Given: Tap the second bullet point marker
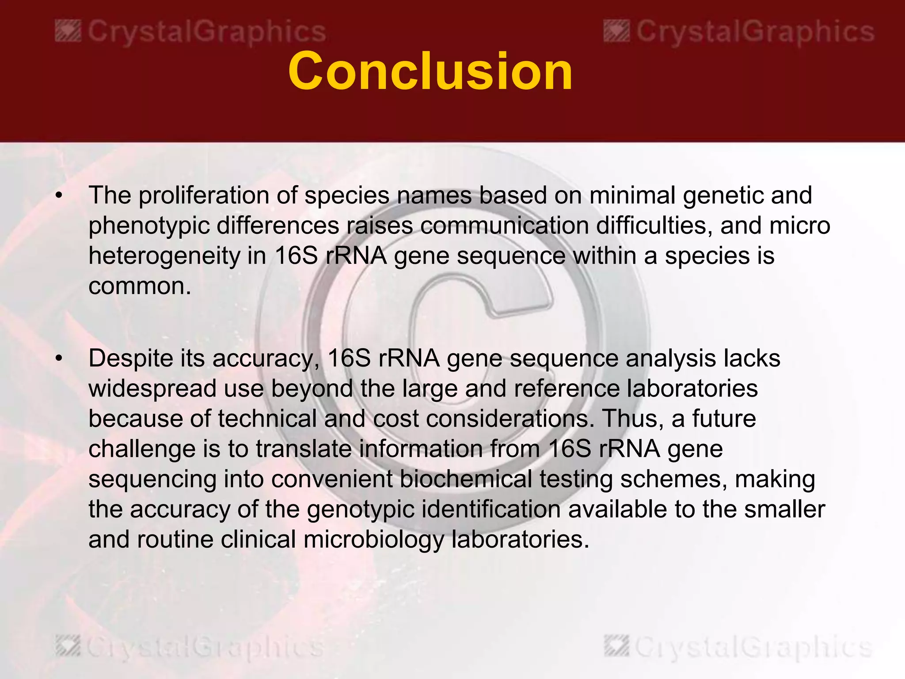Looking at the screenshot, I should click(59, 359).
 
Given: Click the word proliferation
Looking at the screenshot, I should click(203, 195).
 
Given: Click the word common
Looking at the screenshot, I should click(139, 286).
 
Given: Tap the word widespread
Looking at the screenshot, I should click(152, 389).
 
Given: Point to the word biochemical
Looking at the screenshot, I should click(465, 479).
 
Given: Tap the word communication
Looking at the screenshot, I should click(504, 226).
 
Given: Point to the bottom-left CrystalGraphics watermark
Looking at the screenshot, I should click(190, 647).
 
